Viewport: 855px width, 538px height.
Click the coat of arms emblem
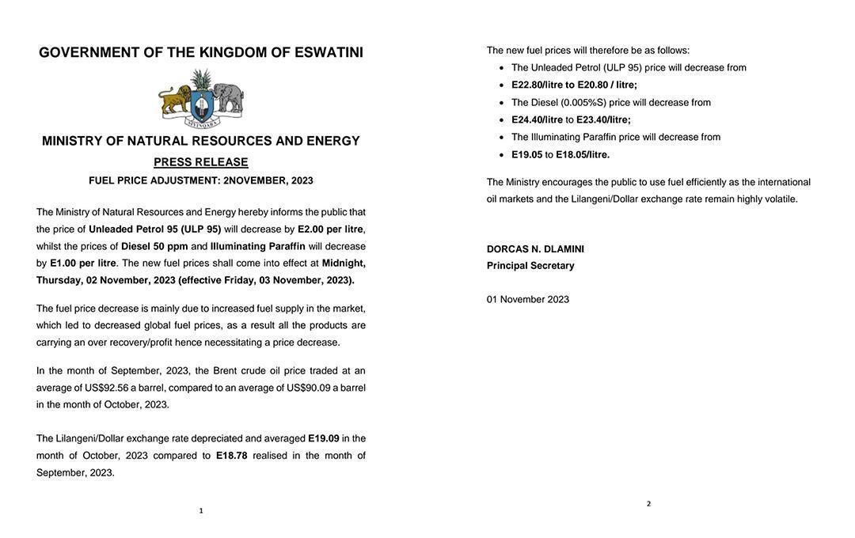pyautogui.click(x=201, y=99)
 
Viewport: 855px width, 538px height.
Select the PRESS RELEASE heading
pyautogui.click(x=201, y=162)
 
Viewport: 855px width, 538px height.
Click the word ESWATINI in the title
pyautogui.click(x=329, y=53)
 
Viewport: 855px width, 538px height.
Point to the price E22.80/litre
pyautogui.click(x=537, y=85)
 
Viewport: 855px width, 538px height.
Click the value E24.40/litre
pyautogui.click(x=537, y=119)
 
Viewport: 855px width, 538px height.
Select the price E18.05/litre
pyautogui.click(x=583, y=154)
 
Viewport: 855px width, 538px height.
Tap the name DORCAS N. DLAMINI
pyautogui.click(x=535, y=249)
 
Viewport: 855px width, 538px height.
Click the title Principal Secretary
pyautogui.click(x=530, y=266)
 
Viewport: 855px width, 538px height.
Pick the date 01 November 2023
pyautogui.click(x=528, y=299)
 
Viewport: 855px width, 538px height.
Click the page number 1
pyautogui.click(x=201, y=511)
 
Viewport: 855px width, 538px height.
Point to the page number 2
pyautogui.click(x=648, y=504)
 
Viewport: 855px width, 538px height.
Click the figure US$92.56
pyautogui.click(x=106, y=388)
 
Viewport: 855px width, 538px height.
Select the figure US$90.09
pyautogui.click(x=309, y=388)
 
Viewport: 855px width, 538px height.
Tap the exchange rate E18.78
pyautogui.click(x=231, y=456)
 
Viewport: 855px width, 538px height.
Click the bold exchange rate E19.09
pyautogui.click(x=324, y=438)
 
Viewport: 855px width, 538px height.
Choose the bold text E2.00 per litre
pyautogui.click(x=330, y=229)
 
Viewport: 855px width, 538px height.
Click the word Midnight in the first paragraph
pyautogui.click(x=344, y=263)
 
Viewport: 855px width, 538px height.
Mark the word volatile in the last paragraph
pyautogui.click(x=781, y=199)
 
